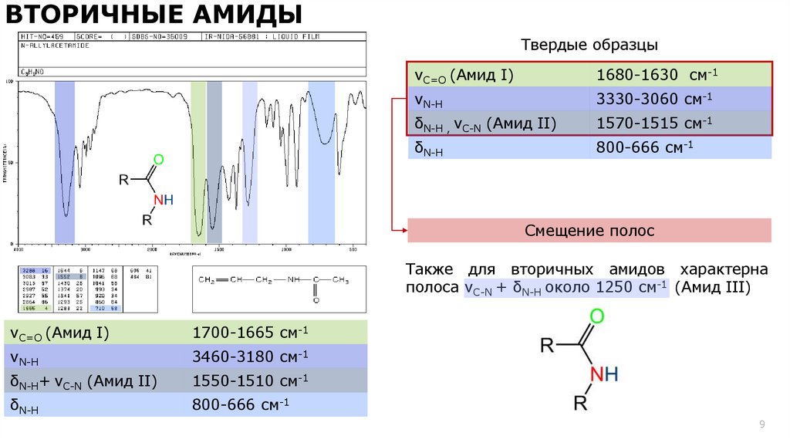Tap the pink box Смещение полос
click(x=589, y=230)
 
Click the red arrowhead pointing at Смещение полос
click(x=402, y=230)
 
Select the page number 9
click(x=762, y=424)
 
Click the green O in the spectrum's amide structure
click(x=158, y=160)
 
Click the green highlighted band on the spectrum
click(x=198, y=162)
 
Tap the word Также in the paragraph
click(x=430, y=269)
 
